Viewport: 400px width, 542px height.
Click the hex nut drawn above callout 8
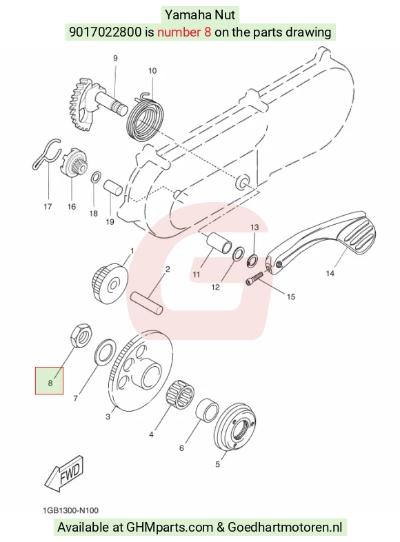click(81, 335)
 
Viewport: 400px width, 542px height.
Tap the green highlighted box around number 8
click(49, 381)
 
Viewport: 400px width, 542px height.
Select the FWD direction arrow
click(64, 473)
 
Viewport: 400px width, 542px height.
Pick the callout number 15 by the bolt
click(291, 297)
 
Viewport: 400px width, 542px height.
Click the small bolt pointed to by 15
click(254, 279)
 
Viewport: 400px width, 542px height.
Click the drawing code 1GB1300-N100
click(70, 510)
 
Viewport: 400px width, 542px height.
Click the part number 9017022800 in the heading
click(106, 32)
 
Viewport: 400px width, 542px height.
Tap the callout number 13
click(254, 228)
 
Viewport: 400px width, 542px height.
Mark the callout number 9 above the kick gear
click(115, 59)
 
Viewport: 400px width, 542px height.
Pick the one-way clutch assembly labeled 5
click(235, 427)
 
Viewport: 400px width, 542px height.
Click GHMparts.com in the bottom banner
click(170, 528)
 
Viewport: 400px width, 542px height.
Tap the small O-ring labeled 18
click(96, 177)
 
